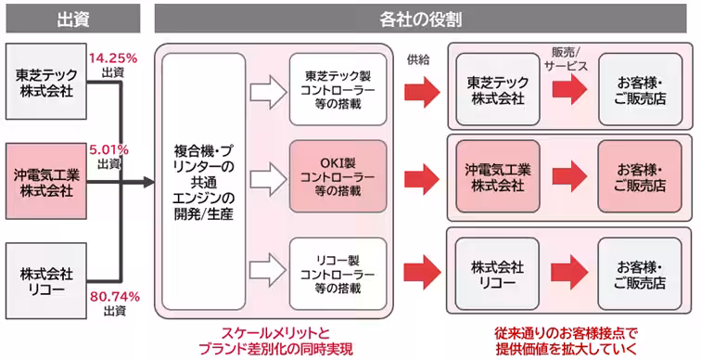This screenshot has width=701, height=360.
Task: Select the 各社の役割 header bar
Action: coord(422,18)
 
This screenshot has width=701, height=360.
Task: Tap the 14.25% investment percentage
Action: coord(113,57)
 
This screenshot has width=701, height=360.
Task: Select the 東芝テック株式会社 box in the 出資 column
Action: coord(45,82)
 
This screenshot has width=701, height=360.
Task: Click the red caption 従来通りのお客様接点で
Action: coord(567,332)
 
